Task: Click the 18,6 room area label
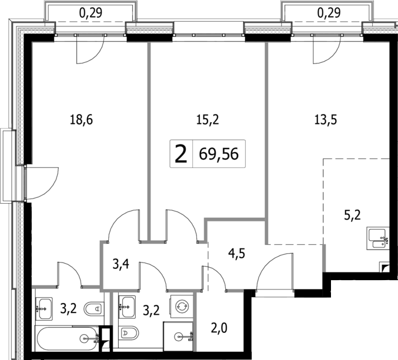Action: point(82,120)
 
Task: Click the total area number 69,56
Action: point(216,155)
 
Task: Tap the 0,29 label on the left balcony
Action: point(92,11)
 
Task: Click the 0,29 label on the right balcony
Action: point(328,11)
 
